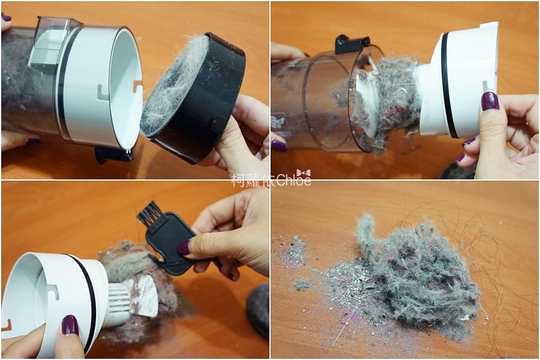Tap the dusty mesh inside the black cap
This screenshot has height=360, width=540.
point(174,84)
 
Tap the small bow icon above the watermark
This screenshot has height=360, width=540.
point(303,172)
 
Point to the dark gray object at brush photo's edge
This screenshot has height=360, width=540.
point(259,309)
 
